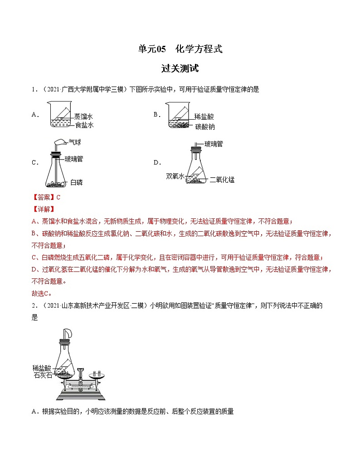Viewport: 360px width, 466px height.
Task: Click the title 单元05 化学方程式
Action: [180, 49]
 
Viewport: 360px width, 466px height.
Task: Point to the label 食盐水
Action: [84, 125]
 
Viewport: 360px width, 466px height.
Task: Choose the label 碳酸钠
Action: [205, 126]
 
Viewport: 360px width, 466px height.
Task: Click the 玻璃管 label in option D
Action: [213, 144]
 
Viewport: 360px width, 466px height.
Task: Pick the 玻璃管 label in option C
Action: [73, 159]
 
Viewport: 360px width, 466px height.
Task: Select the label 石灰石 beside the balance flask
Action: [43, 375]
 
